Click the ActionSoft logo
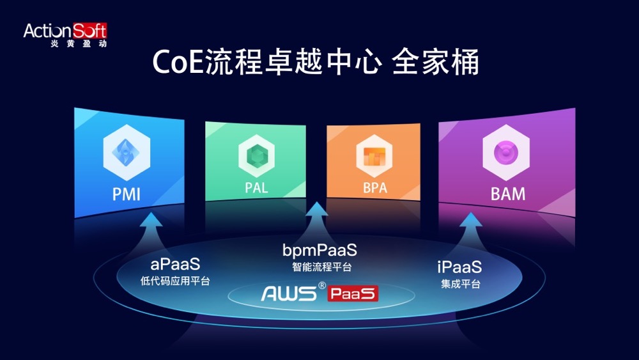[65, 35]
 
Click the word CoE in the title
[178, 63]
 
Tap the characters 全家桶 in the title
[435, 62]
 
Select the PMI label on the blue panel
[127, 194]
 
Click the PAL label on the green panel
[256, 187]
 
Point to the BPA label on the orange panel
[375, 187]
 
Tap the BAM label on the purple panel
[508, 194]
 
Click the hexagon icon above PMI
[127, 152]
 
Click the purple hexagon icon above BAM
[506, 152]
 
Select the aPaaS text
[175, 264]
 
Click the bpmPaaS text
[319, 250]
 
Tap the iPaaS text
[459, 267]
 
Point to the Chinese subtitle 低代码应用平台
[175, 281]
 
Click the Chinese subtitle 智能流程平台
[321, 267]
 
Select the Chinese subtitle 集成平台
[461, 284]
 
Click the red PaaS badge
[353, 293]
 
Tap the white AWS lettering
[289, 293]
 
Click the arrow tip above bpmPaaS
[317, 202]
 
